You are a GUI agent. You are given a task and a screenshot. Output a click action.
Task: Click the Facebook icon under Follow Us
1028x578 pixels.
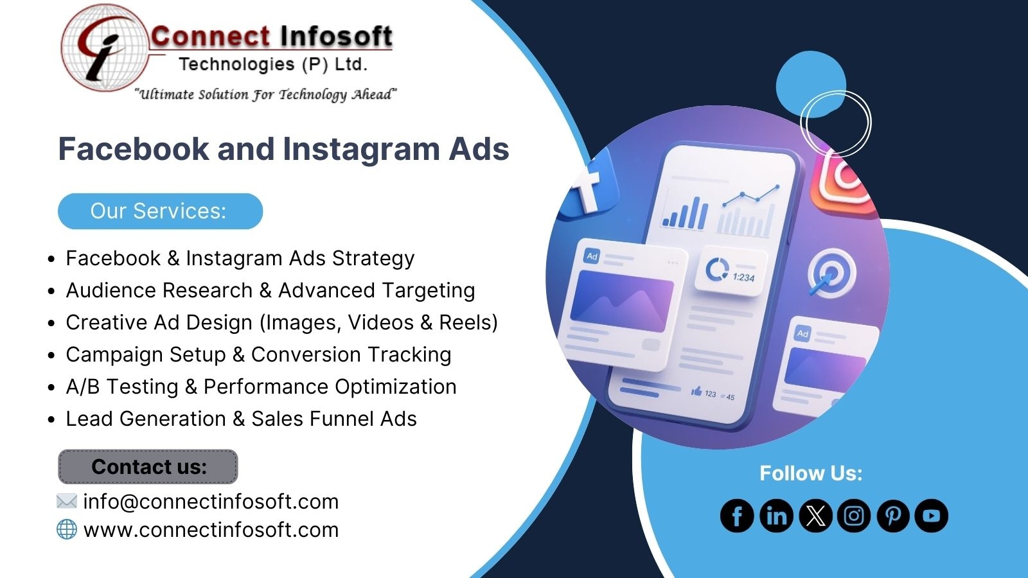click(x=737, y=516)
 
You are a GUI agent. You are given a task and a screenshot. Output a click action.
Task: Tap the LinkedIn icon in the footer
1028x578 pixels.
click(x=776, y=516)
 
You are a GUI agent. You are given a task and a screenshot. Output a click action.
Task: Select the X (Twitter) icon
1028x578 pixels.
click(x=815, y=516)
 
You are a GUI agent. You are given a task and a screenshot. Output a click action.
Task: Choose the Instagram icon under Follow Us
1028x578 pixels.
click(x=854, y=516)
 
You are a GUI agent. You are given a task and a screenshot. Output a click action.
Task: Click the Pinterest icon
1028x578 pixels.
click(x=892, y=516)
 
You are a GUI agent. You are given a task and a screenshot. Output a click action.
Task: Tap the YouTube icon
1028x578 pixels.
click(x=931, y=516)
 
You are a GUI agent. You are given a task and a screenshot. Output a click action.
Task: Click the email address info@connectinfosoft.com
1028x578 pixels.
click(x=211, y=502)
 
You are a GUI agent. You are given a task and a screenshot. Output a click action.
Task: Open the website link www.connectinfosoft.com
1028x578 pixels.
click(x=211, y=530)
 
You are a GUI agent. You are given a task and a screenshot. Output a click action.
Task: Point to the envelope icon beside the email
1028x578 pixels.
click(x=67, y=501)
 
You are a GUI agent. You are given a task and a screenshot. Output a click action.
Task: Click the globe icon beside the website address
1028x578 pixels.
click(x=67, y=529)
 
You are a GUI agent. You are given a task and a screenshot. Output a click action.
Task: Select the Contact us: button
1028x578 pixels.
click(x=148, y=466)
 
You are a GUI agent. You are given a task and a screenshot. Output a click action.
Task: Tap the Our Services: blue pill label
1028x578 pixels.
click(x=160, y=211)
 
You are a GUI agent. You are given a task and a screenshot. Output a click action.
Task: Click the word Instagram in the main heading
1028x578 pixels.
click(x=361, y=150)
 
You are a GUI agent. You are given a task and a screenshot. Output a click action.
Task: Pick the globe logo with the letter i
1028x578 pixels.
click(x=105, y=48)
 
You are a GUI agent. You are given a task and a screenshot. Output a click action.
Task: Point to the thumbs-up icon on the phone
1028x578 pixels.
click(x=696, y=391)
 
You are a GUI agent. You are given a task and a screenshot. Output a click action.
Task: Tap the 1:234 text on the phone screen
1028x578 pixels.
click(x=743, y=277)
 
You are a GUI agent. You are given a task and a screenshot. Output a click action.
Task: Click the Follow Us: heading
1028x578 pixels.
click(x=811, y=473)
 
